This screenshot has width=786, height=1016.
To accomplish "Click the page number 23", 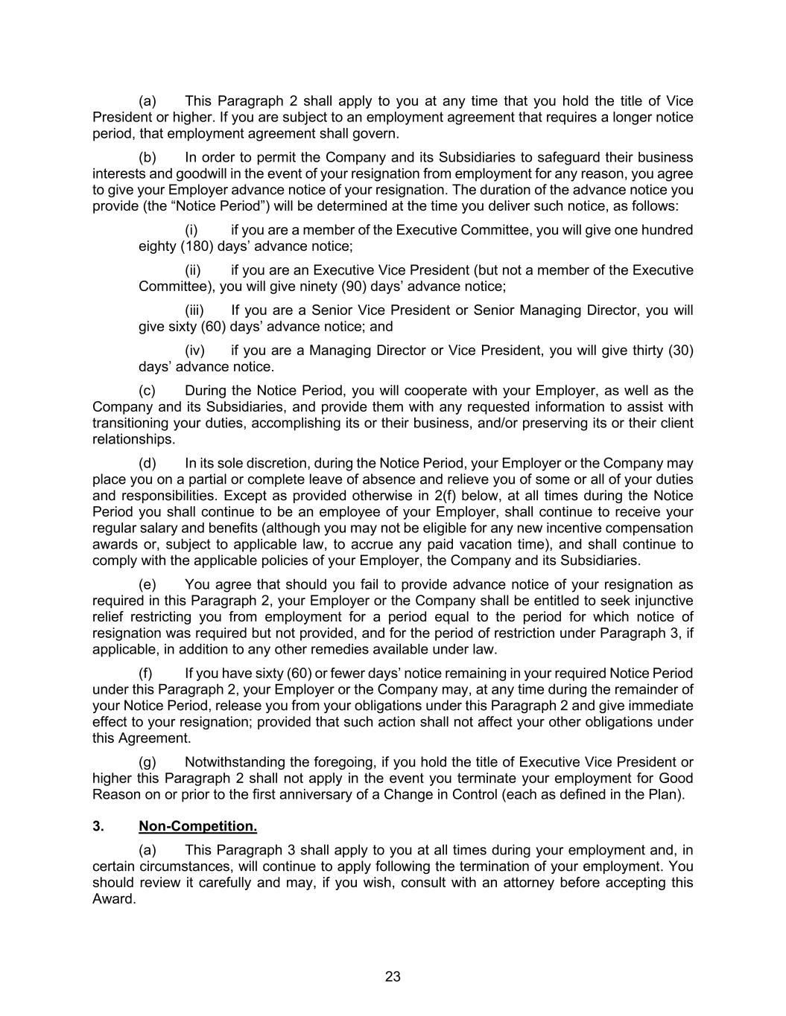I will tap(393, 977).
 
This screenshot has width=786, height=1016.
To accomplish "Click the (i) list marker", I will tap(191, 230).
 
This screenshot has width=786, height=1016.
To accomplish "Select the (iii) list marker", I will tap(194, 310).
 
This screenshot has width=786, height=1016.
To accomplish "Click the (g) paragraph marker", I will tap(148, 762).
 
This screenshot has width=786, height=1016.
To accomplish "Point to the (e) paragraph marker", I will tap(148, 584).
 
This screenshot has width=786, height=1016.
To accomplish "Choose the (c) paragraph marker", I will tap(148, 391).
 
